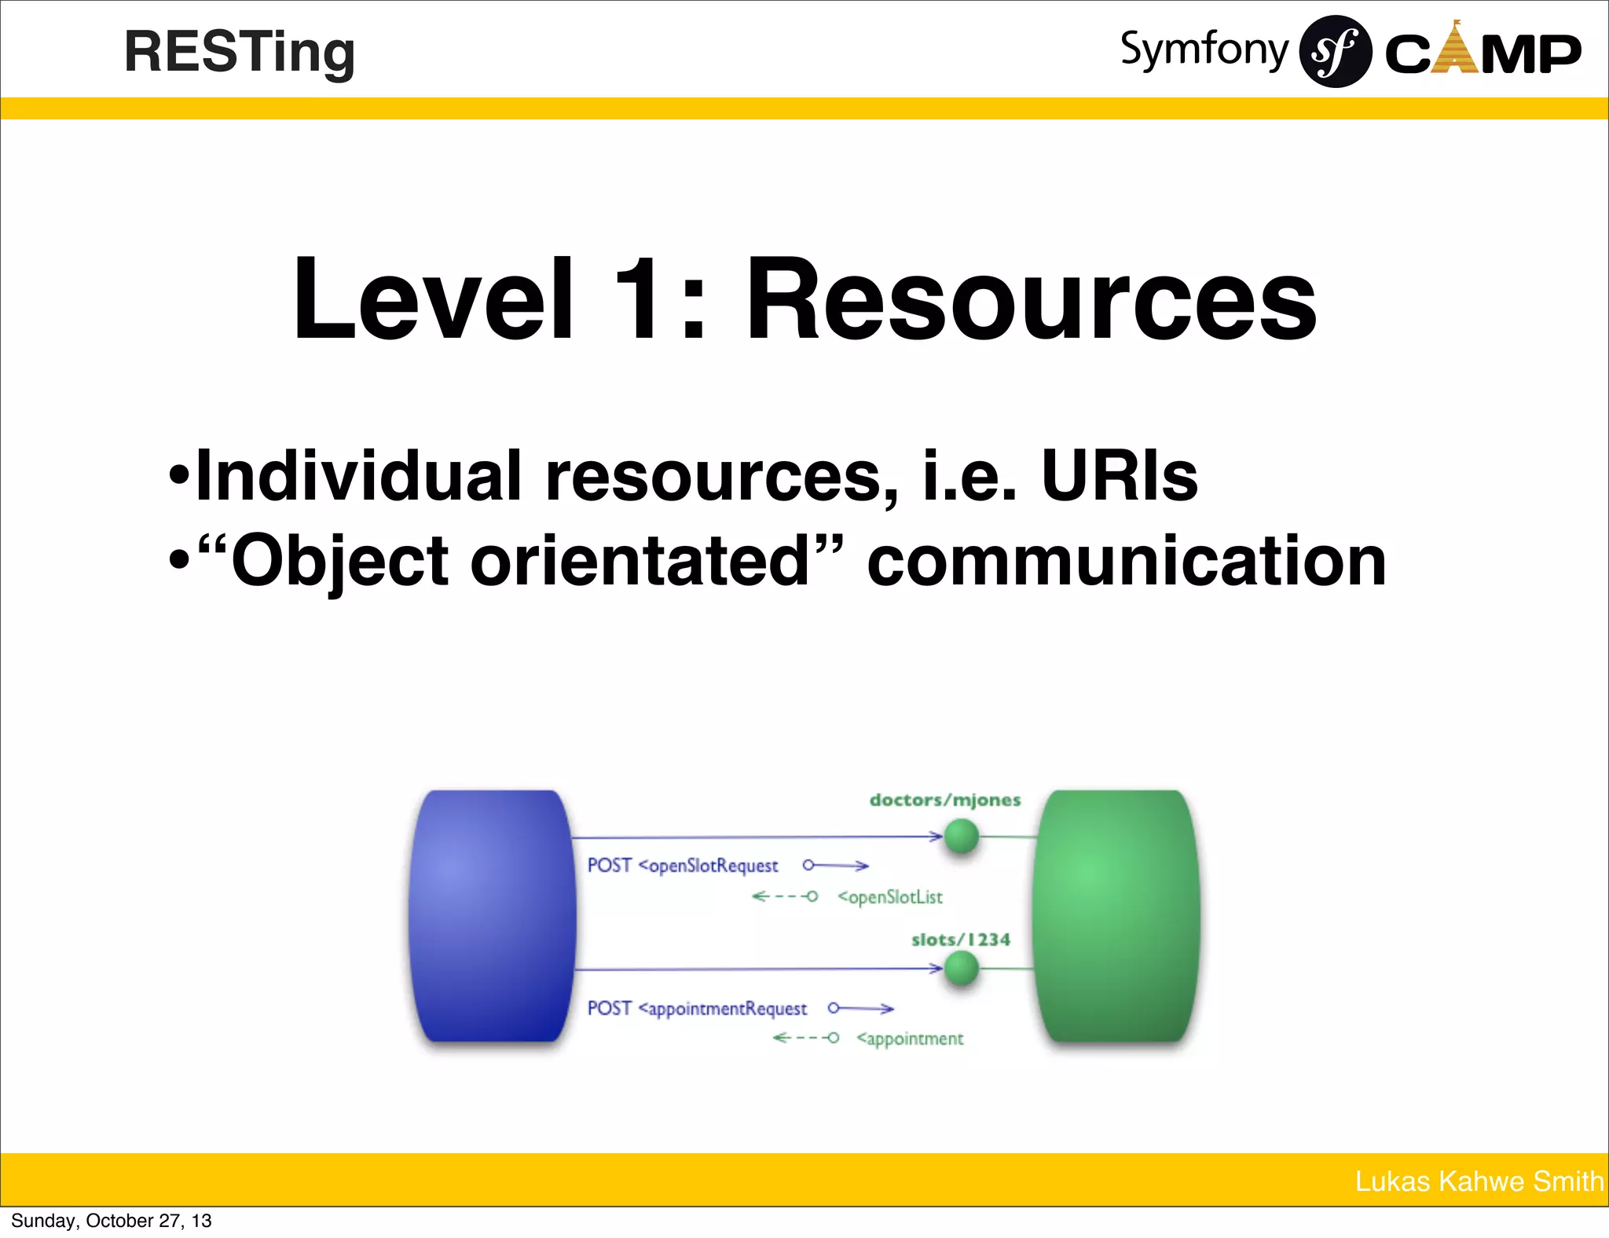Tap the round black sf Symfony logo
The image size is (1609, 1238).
(1335, 52)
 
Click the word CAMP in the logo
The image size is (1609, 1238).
(1483, 53)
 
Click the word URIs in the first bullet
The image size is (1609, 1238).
(1120, 476)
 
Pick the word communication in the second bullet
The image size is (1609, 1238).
(1127, 561)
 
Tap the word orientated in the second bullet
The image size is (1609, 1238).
(640, 561)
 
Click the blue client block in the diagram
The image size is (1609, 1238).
(493, 916)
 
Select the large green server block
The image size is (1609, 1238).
(1116, 916)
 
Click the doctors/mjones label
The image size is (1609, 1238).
(945, 800)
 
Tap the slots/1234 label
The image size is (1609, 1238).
(960, 940)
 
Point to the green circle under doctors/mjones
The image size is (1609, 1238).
(961, 837)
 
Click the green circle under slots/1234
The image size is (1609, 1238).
(961, 969)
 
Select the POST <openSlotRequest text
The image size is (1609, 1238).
(683, 866)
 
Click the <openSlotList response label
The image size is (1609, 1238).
(890, 897)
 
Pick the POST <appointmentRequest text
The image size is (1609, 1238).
(697, 1009)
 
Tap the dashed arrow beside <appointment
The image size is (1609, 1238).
(806, 1038)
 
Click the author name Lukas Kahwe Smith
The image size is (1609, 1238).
(1479, 1181)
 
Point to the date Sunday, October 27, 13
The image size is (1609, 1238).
(112, 1221)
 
